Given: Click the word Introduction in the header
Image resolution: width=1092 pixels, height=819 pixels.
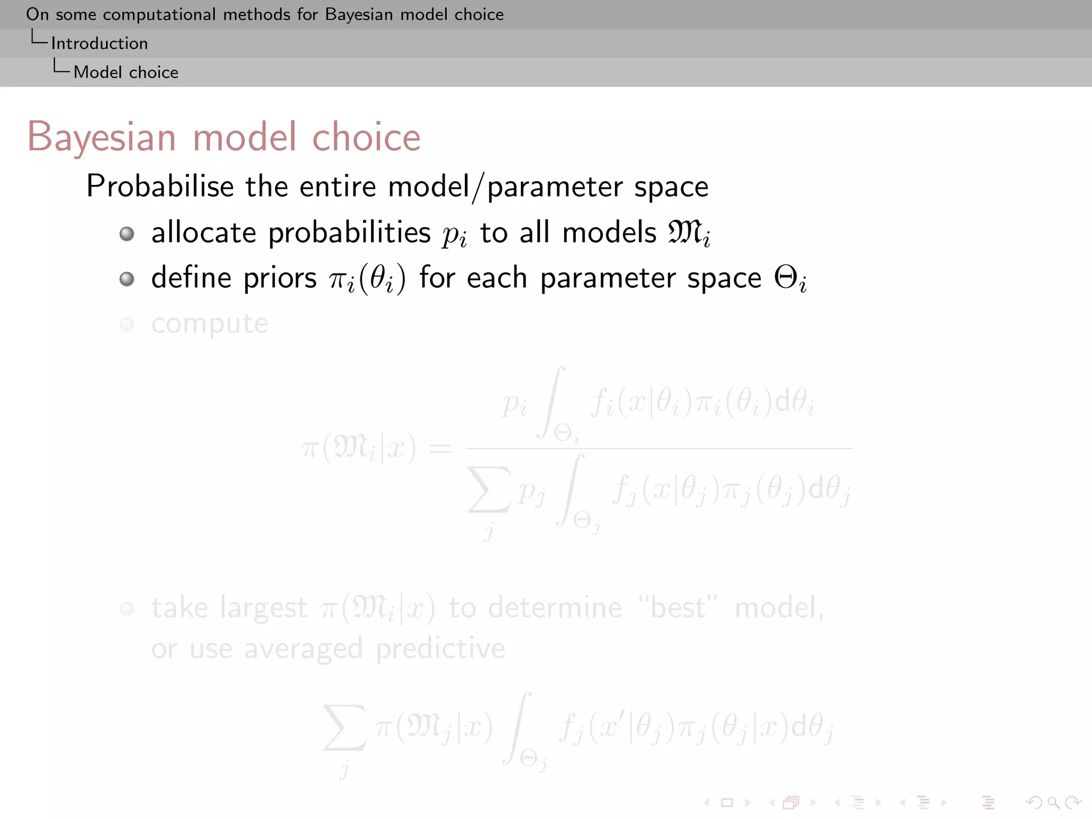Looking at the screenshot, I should (99, 43).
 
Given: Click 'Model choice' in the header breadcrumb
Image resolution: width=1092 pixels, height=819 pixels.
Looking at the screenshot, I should (126, 72).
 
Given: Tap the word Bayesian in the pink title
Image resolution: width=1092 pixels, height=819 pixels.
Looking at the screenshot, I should (101, 137).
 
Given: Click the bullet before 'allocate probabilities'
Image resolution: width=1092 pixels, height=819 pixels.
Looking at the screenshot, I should (127, 234).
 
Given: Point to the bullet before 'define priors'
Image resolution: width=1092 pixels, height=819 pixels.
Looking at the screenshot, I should (127, 279).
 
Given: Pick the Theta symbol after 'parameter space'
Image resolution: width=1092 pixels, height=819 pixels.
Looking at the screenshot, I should (785, 278).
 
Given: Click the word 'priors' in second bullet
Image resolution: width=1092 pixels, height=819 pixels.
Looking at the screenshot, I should (279, 278).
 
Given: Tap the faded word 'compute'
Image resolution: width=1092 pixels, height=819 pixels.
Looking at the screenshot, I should (210, 324).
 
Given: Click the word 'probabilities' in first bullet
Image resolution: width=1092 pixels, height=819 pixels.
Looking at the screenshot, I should (349, 233).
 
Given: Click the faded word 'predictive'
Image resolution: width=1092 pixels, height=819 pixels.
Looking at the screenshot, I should (440, 649).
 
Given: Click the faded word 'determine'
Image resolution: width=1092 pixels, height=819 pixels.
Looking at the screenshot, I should (555, 608).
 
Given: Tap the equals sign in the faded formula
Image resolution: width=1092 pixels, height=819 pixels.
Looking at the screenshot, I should (440, 448).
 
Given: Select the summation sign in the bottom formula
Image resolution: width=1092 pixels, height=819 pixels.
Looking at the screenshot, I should (345, 728).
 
